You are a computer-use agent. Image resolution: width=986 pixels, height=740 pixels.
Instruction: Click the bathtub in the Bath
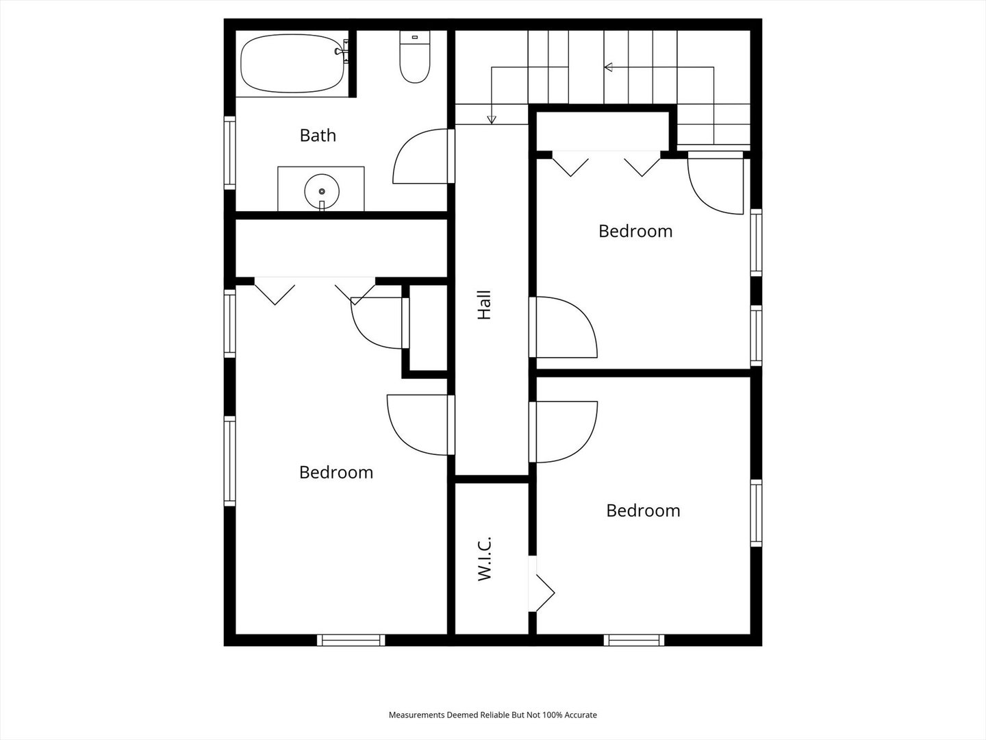point(292,64)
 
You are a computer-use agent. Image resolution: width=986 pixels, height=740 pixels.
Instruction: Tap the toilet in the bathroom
point(415,57)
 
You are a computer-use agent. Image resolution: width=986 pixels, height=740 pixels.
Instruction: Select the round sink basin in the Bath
point(322,192)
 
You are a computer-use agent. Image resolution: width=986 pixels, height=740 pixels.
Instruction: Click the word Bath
point(318,135)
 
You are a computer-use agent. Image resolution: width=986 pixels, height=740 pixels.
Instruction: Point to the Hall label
point(484,305)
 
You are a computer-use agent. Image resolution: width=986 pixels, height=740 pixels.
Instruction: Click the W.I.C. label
point(484,558)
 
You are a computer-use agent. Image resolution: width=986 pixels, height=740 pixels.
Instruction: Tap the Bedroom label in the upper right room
point(635,231)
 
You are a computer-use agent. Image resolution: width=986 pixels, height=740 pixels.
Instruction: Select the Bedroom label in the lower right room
point(643,510)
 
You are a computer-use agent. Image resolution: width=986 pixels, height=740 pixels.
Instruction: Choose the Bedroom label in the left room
point(336,472)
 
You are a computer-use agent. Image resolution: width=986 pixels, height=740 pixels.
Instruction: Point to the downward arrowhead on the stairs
point(492,120)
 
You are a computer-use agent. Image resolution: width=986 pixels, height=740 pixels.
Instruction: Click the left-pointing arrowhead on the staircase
point(608,67)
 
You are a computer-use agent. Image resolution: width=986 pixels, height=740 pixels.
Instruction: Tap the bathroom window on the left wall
point(229,153)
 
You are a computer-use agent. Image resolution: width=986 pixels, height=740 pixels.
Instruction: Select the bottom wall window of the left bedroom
point(351,640)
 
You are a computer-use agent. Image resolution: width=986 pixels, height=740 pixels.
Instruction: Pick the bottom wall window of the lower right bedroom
point(634,640)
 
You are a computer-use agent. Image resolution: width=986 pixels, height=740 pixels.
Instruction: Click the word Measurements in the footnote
point(417,715)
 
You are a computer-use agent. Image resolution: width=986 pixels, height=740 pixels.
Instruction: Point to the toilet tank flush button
point(415,37)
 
